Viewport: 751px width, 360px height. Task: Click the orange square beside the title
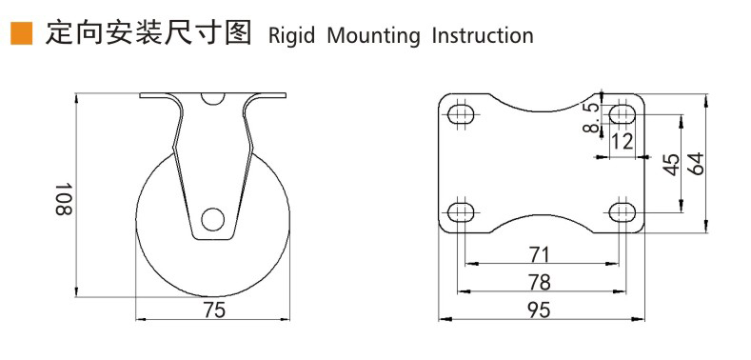(22, 33)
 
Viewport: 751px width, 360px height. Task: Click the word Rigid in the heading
(291, 36)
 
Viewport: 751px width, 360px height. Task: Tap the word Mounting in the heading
(373, 36)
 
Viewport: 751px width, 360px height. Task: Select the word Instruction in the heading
(483, 35)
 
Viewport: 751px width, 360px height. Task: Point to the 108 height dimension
(64, 198)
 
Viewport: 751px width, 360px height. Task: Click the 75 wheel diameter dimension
(213, 310)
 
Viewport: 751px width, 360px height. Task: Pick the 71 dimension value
(540, 254)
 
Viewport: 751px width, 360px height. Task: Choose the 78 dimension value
(540, 282)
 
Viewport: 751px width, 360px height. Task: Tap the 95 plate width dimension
(540, 310)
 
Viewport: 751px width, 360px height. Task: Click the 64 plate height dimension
(695, 164)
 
